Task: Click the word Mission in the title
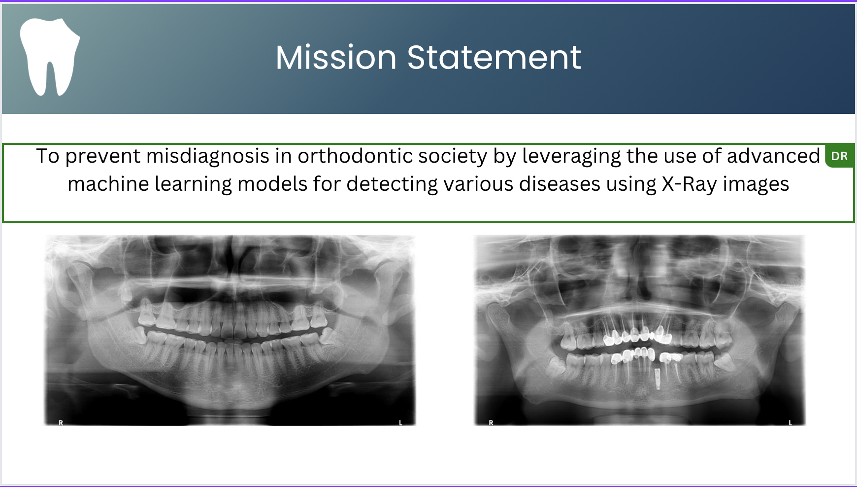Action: tap(336, 57)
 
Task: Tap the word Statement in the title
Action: tap(494, 57)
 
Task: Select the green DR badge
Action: tap(839, 156)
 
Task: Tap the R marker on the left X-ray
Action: tap(61, 422)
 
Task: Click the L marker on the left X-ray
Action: tap(400, 422)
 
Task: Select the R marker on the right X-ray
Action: tap(491, 422)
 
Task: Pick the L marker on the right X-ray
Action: tap(791, 422)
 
